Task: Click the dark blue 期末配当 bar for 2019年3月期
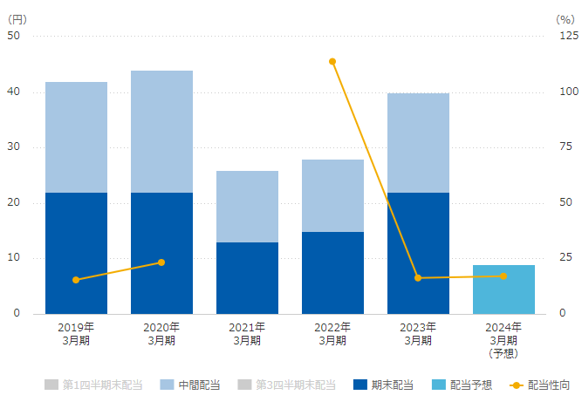point(76,253)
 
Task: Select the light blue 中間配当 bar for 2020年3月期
point(161,132)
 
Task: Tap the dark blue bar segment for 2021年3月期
point(247,277)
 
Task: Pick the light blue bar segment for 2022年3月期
point(332,195)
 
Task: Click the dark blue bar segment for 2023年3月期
point(418,253)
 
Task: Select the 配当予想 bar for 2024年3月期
point(503,289)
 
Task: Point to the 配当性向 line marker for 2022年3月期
point(332,61)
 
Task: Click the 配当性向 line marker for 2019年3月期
point(76,280)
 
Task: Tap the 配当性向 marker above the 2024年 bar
point(503,276)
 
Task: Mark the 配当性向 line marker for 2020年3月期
point(161,262)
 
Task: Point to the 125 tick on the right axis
point(567,37)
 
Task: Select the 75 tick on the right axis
point(565,147)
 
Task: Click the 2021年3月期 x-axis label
point(247,334)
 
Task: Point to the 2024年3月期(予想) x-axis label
point(503,340)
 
